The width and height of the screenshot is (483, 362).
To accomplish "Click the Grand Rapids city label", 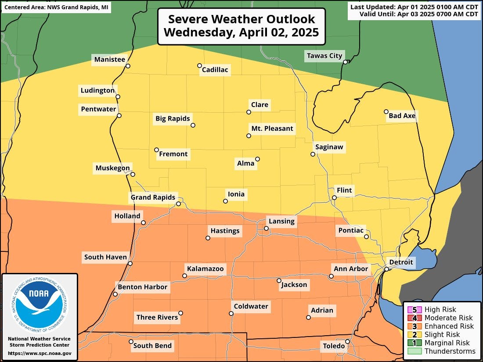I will pyautogui.click(x=153, y=197).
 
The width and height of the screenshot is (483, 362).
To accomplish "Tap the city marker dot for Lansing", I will pyautogui.click(x=266, y=228).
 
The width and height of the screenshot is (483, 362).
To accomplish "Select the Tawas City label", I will pyautogui.click(x=324, y=56).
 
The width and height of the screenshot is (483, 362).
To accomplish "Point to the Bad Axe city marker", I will pyautogui.click(x=386, y=111).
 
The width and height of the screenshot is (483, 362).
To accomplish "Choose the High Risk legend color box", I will pyautogui.click(x=414, y=310).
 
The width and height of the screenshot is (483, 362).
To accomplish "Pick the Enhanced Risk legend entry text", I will pyautogui.click(x=449, y=326).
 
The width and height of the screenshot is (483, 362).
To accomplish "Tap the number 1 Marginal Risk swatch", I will pyautogui.click(x=414, y=343).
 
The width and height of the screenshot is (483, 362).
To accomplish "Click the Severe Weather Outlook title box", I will pyautogui.click(x=241, y=26).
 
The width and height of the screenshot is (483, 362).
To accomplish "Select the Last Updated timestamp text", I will pyautogui.click(x=414, y=7).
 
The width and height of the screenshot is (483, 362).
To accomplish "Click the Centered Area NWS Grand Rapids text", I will pyautogui.click(x=56, y=7).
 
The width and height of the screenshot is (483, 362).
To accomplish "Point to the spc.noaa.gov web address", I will pyautogui.click(x=40, y=353).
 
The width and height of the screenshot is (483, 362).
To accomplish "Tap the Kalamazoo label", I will pyautogui.click(x=205, y=269).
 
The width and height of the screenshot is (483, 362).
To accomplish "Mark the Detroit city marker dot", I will pyautogui.click(x=386, y=269).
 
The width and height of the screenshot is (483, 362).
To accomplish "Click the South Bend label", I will pyautogui.click(x=152, y=346).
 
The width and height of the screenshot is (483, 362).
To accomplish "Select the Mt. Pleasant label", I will pyautogui.click(x=272, y=129).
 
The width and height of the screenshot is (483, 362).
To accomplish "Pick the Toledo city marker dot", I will pyautogui.click(x=347, y=341).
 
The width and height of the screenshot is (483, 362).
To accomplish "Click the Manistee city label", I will pyautogui.click(x=109, y=59).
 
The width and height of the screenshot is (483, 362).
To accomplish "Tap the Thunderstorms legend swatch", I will pyautogui.click(x=414, y=351).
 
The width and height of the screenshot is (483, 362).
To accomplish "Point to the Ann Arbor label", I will pyautogui.click(x=351, y=269).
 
